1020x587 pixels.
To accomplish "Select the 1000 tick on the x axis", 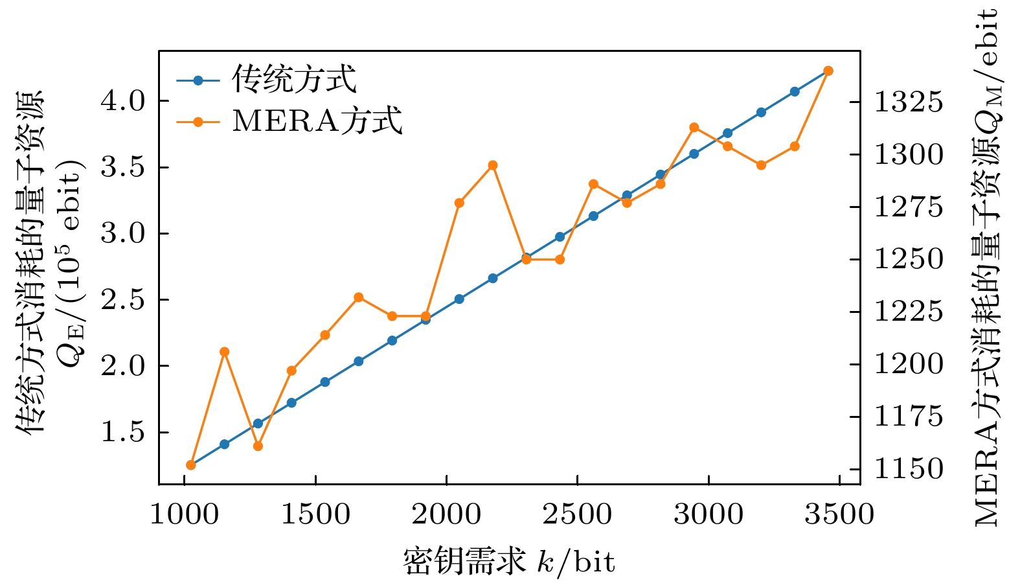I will tap(185, 514).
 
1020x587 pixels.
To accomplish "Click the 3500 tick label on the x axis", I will tap(839, 514).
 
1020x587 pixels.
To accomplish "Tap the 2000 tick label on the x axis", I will tap(446, 514).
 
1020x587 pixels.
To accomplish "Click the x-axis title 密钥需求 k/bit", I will tap(509, 561).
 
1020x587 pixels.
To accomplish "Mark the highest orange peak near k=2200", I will tap(493, 165).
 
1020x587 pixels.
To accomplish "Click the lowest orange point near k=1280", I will tap(258, 446).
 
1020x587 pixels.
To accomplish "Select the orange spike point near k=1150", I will tap(225, 352).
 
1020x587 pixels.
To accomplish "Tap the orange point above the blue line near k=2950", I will tap(694, 128).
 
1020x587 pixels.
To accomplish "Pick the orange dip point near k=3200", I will tap(762, 165).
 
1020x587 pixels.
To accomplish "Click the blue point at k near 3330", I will tap(795, 92).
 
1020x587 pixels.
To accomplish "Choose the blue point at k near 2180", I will tap(493, 279).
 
